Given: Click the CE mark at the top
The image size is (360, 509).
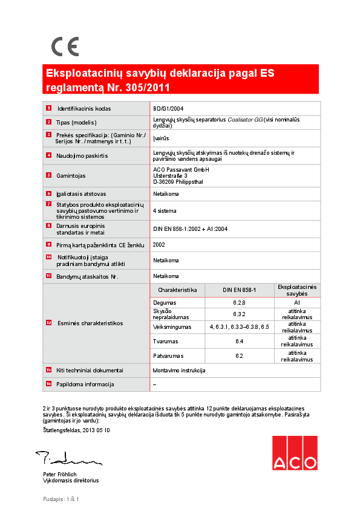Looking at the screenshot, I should pos(65,47).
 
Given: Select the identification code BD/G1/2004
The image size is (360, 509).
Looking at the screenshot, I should pos(168,109).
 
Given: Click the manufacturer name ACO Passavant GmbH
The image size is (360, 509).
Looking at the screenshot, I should pos(181,169).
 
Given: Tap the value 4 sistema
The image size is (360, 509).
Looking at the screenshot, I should pos(166,211).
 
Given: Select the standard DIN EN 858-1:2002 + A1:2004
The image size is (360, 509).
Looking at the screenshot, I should pos(191,229).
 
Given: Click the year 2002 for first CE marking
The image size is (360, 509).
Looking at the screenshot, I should pos(159,245).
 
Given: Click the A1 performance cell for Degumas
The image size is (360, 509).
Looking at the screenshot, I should pos(297,302).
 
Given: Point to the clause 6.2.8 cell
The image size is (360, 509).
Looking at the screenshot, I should pos(239,302).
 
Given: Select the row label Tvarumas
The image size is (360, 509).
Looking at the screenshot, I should pos(165,342).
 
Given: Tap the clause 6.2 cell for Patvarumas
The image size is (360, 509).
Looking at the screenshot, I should pos(239,355).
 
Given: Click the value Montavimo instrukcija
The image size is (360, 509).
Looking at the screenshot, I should pos(179,370).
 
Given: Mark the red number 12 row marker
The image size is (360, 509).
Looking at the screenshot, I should pos(48,322).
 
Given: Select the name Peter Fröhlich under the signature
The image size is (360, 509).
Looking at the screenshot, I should pos(59,474).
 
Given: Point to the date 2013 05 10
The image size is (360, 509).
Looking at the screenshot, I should pos(96,430).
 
